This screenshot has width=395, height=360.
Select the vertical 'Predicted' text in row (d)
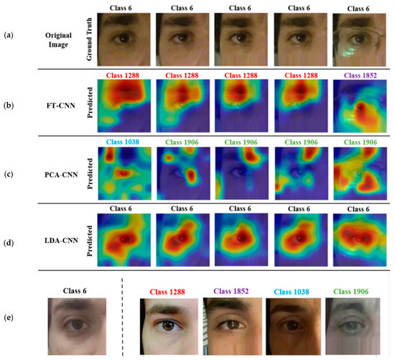pos(87,237)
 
